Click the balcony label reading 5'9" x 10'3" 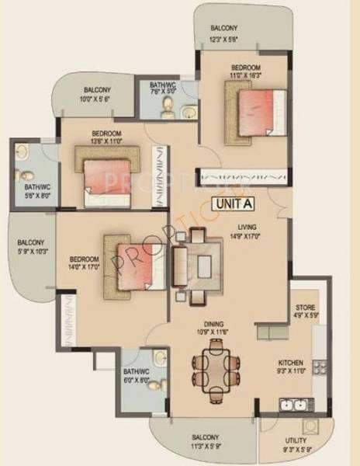pyautogui.click(x=33, y=248)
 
